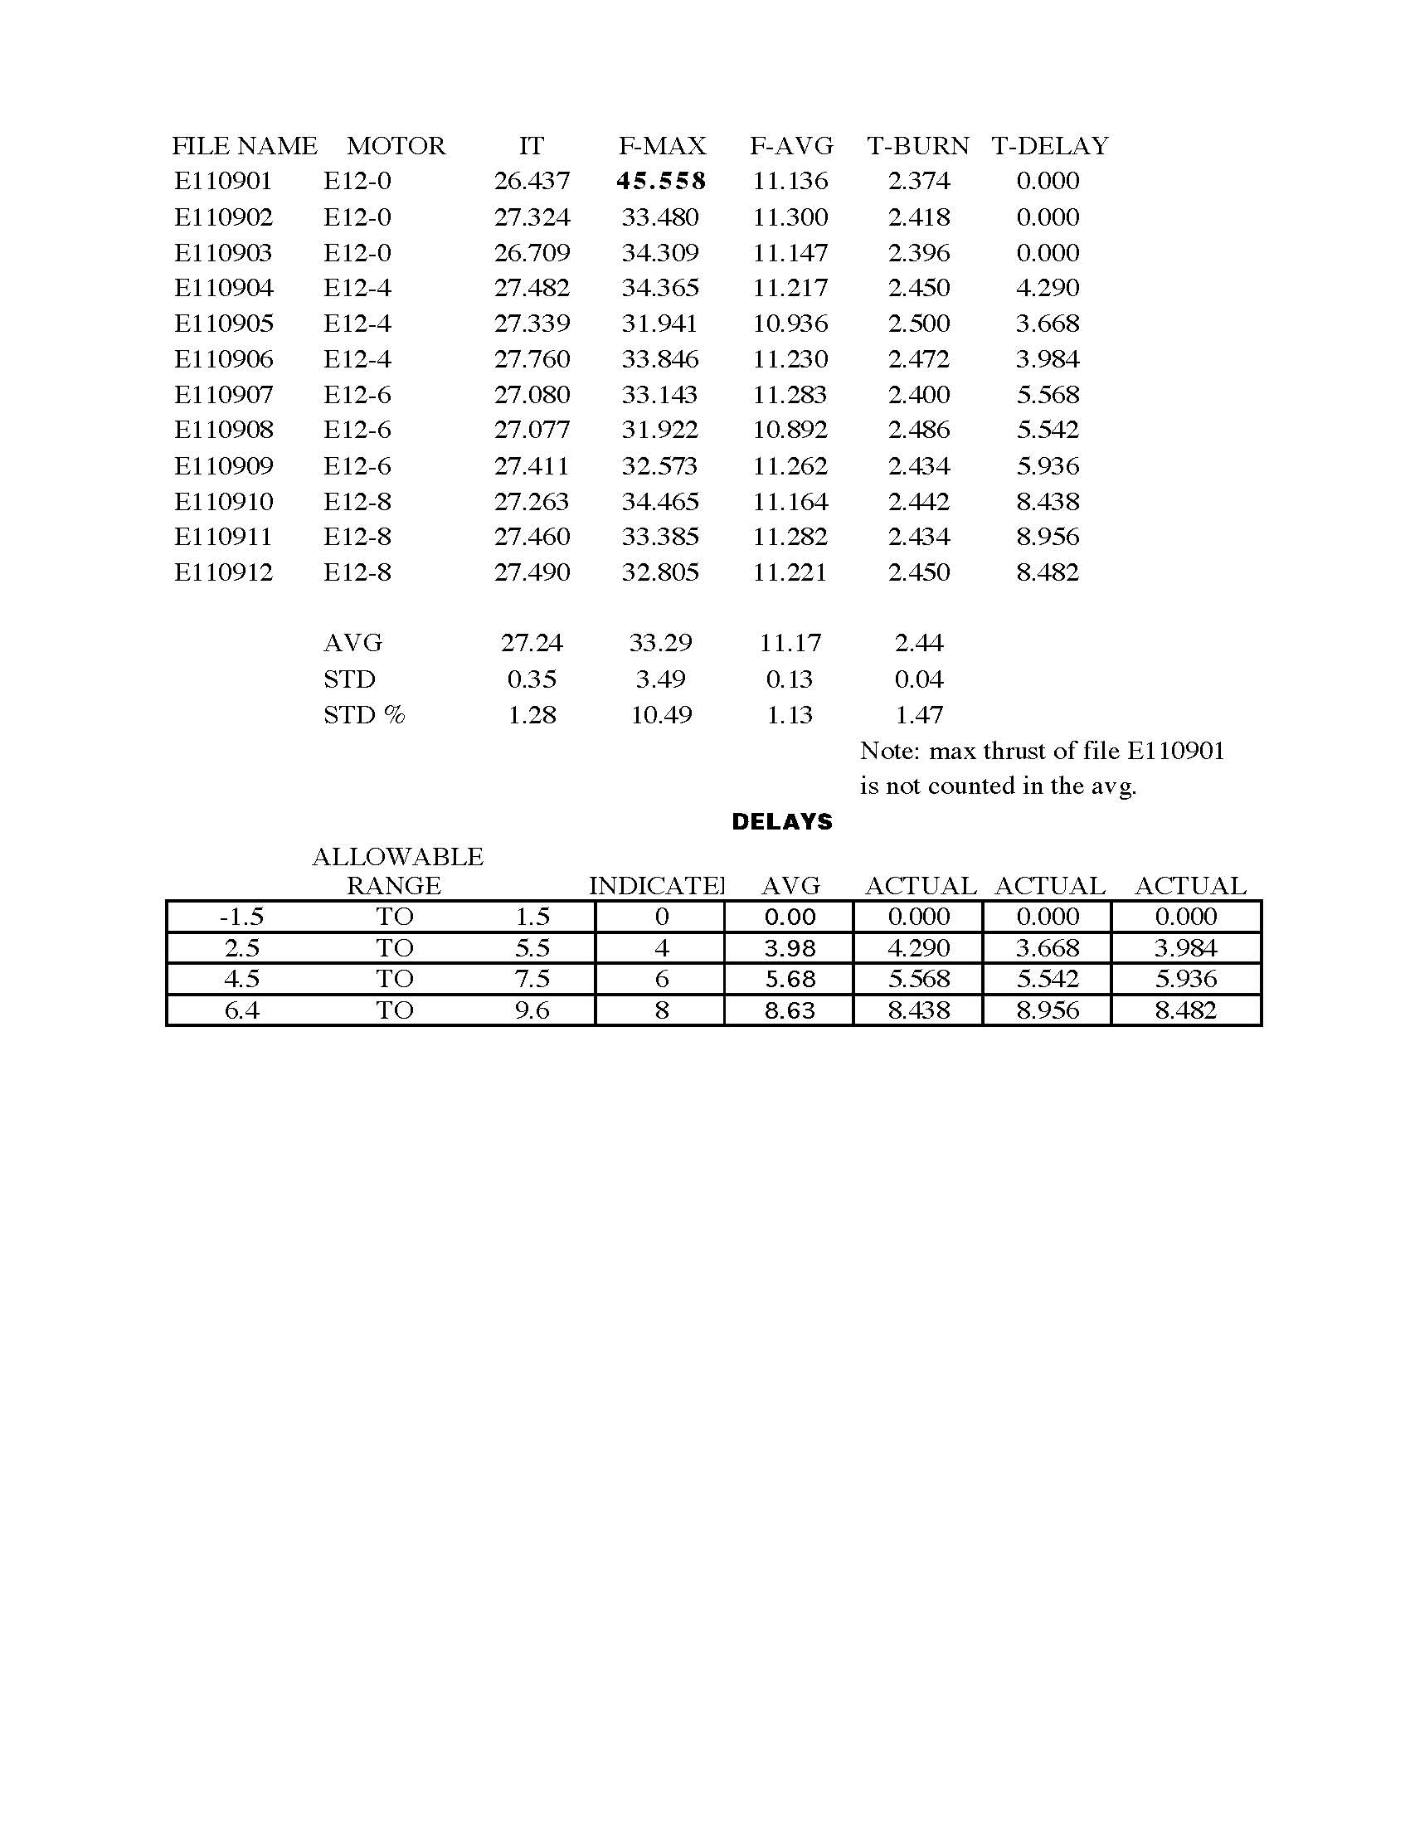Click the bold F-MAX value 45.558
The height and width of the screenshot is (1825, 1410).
click(x=661, y=181)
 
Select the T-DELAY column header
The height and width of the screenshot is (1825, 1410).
click(x=1050, y=146)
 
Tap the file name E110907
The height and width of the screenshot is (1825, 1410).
click(x=223, y=394)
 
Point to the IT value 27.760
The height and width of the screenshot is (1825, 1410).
click(x=532, y=359)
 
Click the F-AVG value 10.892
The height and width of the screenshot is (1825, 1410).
click(x=790, y=430)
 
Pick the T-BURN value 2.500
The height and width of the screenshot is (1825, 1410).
click(x=919, y=324)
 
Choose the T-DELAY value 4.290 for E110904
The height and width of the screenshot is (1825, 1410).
click(x=1048, y=289)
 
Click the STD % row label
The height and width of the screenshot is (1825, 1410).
click(x=364, y=715)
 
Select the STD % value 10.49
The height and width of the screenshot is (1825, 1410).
click(x=661, y=715)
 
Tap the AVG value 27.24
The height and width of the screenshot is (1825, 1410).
click(x=532, y=643)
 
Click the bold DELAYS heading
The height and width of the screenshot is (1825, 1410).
click(x=782, y=822)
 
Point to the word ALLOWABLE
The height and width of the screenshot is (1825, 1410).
click(x=397, y=857)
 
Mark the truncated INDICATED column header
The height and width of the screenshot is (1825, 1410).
click(x=657, y=886)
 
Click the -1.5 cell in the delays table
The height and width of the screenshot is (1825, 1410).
click(x=241, y=917)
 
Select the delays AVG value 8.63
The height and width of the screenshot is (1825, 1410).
click(x=790, y=1010)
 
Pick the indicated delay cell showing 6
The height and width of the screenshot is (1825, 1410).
click(x=662, y=979)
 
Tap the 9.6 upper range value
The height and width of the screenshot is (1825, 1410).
click(x=532, y=1010)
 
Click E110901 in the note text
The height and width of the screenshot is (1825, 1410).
click(x=1175, y=751)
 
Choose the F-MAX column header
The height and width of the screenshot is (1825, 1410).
click(x=663, y=146)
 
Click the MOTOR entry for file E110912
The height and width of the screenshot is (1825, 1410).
click(x=357, y=572)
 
